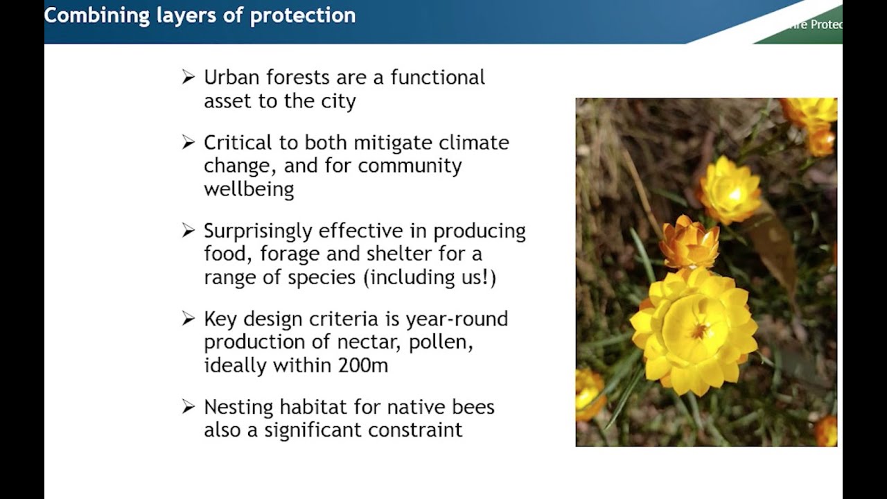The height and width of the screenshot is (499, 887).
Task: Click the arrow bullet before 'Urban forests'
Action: click(188, 78)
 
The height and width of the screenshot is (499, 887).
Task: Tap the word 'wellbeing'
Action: click(249, 189)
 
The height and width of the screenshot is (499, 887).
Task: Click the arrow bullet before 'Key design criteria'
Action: click(188, 319)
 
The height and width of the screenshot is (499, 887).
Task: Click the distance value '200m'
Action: click(362, 365)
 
